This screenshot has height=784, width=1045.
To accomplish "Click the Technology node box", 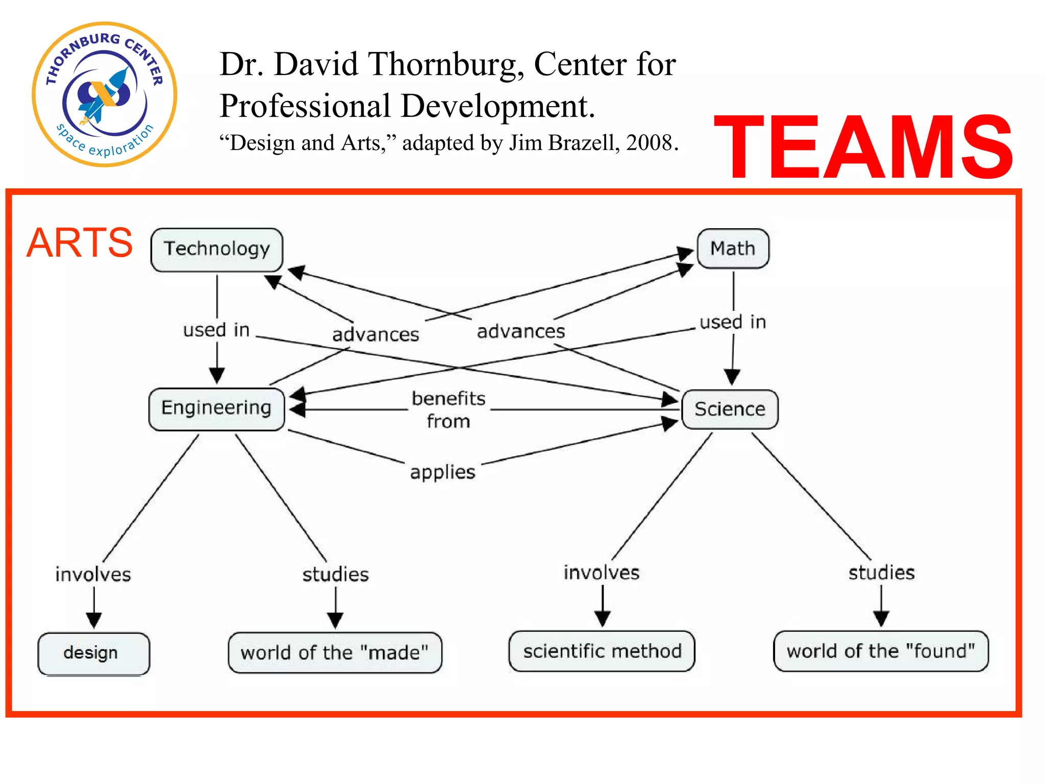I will pyautogui.click(x=217, y=249).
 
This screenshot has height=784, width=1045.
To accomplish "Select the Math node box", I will pyautogui.click(x=733, y=249).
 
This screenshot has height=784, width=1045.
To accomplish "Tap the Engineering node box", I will pyautogui.click(x=216, y=408).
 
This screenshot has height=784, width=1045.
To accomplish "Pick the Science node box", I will pyautogui.click(x=730, y=409).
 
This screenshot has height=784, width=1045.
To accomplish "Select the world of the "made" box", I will pyautogui.click(x=335, y=653).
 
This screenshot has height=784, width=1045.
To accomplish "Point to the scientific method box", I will pyautogui.click(x=602, y=651).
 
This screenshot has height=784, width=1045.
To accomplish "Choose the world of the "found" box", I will pyautogui.click(x=881, y=651).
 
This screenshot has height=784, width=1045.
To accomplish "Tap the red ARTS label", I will pyautogui.click(x=80, y=243).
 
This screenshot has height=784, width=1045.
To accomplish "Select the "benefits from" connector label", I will pyautogui.click(x=449, y=409).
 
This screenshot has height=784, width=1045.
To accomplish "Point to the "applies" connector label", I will pyautogui.click(x=443, y=472).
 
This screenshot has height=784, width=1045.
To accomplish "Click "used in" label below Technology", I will pyautogui.click(x=216, y=330).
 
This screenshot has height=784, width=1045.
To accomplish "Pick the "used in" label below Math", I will pyautogui.click(x=733, y=322).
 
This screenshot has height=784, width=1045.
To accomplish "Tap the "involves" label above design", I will pyautogui.click(x=93, y=575).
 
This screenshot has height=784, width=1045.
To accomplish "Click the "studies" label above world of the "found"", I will pyautogui.click(x=881, y=573).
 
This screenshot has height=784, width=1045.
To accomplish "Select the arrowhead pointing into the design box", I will pyautogui.click(x=94, y=620).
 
